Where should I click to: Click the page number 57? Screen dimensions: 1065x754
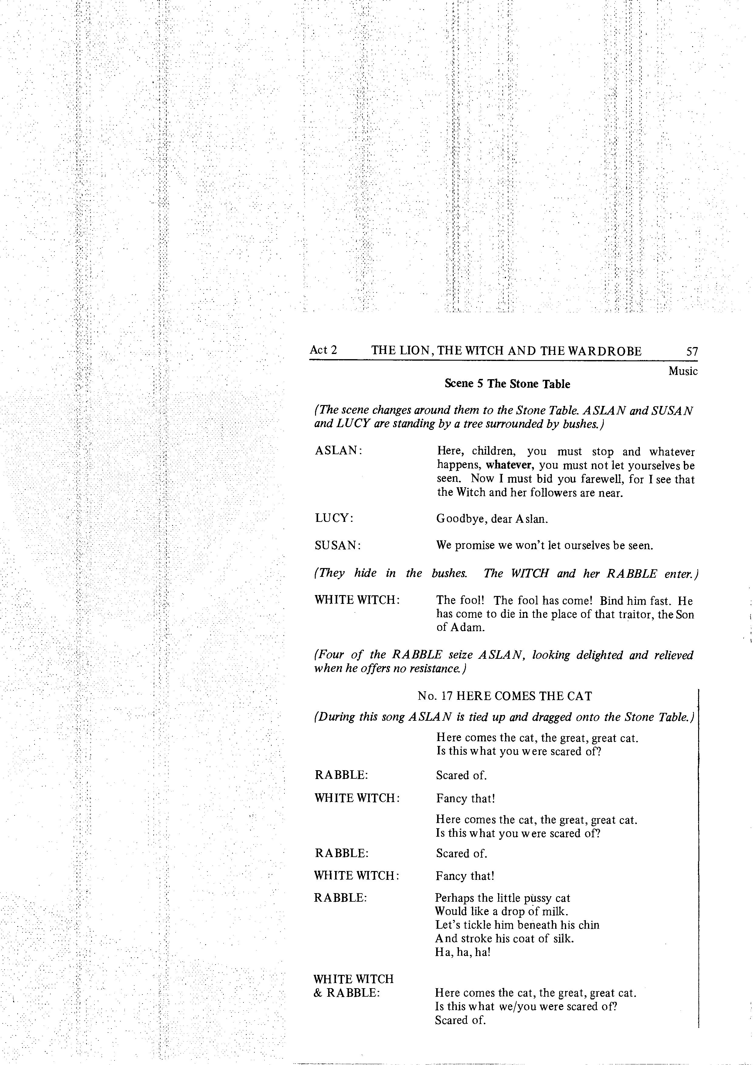691,352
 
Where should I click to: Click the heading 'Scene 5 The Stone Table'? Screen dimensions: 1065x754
507,384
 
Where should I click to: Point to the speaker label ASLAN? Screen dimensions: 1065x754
338,451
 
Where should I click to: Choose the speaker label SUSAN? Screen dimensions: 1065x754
338,546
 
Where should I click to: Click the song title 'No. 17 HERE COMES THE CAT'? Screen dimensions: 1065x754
505,696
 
